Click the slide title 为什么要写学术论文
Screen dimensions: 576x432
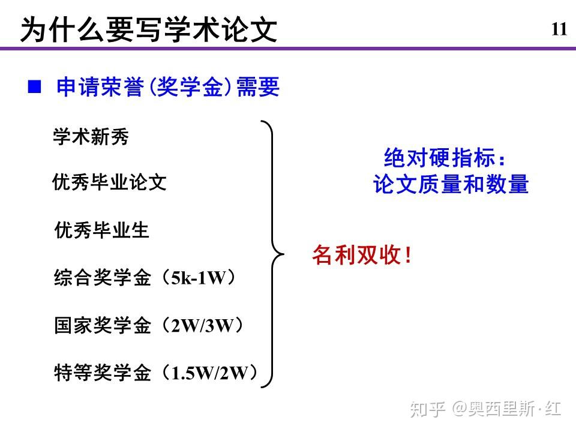[x=148, y=29]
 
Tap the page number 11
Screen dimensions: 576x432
[x=559, y=29]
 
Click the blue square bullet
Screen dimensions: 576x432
[x=35, y=86]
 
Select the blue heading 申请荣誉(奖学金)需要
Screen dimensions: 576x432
[x=168, y=87]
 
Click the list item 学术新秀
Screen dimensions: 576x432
[x=91, y=137]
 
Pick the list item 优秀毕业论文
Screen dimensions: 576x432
[x=109, y=182]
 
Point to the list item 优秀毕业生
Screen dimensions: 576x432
[x=102, y=230]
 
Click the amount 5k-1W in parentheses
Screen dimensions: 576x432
[x=199, y=278]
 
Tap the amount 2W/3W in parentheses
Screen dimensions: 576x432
[x=202, y=325]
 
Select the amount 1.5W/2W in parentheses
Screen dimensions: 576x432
[x=210, y=373]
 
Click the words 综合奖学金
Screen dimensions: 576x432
[x=103, y=277]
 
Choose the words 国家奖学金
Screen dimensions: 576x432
[x=103, y=325]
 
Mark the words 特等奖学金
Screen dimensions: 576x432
[x=103, y=373]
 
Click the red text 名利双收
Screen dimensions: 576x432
[x=356, y=254]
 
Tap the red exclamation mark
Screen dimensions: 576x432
[x=408, y=255]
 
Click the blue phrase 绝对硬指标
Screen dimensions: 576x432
[x=439, y=158]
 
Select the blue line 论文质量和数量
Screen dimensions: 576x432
[x=451, y=184]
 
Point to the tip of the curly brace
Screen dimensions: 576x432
[x=284, y=254]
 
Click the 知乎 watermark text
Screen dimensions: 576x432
[x=428, y=409]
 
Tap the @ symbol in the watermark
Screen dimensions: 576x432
[x=459, y=409]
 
